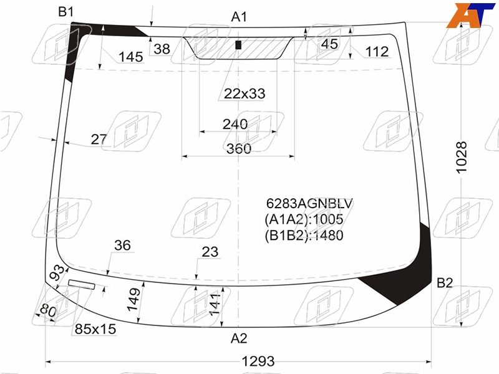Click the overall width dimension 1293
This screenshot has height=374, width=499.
[258, 362]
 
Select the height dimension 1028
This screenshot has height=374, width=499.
[462, 158]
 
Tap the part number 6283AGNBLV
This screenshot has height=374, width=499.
[309, 203]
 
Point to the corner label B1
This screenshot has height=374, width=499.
[66, 12]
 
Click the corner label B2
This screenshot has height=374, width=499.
[444, 283]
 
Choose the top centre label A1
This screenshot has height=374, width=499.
[239, 17]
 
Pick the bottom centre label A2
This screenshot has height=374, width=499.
[239, 338]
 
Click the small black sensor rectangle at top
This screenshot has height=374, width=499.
[238, 45]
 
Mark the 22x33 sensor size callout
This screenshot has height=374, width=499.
[245, 93]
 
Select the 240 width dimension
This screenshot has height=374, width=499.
[235, 124]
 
